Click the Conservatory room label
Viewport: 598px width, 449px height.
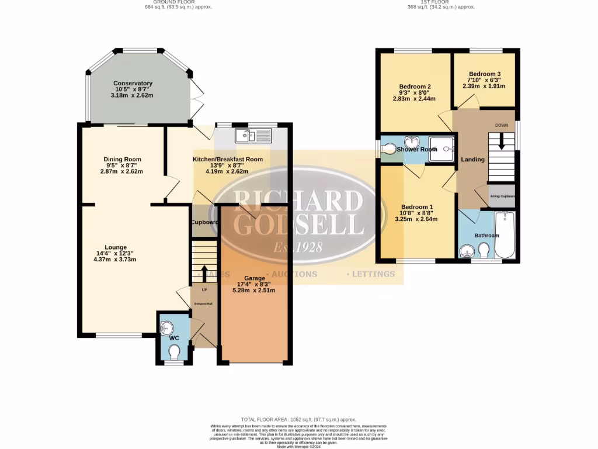click(133, 83)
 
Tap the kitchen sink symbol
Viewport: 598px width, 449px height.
click(253, 136)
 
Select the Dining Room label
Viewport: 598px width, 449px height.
click(122, 159)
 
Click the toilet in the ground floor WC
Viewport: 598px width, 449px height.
click(174, 352)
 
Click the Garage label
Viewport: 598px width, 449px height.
click(254, 278)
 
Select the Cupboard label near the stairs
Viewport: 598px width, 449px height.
click(204, 222)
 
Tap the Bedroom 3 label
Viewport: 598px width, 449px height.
click(484, 74)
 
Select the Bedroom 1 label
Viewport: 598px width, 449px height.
click(416, 207)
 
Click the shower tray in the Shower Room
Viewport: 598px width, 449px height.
click(442, 148)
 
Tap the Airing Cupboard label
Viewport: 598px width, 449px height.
click(502, 196)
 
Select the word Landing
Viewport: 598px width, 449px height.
click(472, 160)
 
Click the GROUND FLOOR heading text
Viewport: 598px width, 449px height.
click(178, 2)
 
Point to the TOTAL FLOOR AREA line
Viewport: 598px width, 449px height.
click(298, 419)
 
